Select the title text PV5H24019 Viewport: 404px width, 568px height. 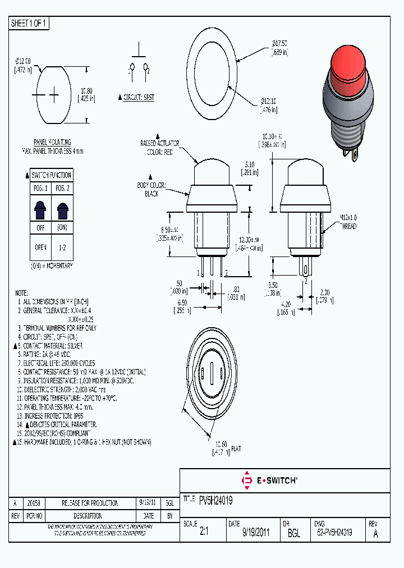pyautogui.click(x=216, y=500)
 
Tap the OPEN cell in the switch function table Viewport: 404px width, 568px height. pyautogui.click(x=41, y=247)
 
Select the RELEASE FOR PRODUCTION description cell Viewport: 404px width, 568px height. pyautogui.click(x=90, y=503)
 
